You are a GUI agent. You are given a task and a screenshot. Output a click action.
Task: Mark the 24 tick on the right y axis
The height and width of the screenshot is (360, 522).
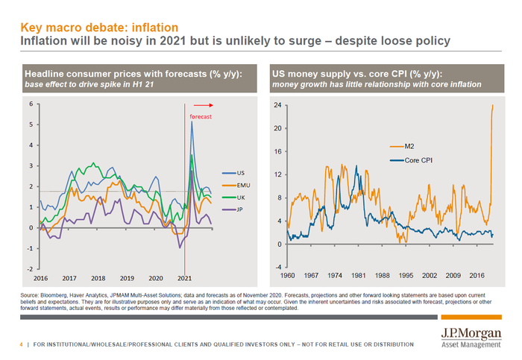[x=277, y=105]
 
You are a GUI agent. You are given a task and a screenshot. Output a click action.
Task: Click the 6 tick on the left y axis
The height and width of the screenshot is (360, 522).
[x=30, y=104]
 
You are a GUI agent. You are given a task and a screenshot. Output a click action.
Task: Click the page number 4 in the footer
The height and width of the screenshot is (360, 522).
[x=21, y=344]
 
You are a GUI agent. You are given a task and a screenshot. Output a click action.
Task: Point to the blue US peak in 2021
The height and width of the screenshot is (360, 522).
[x=192, y=122]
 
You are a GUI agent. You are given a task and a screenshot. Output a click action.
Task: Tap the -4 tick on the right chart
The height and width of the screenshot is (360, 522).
[x=277, y=267]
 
